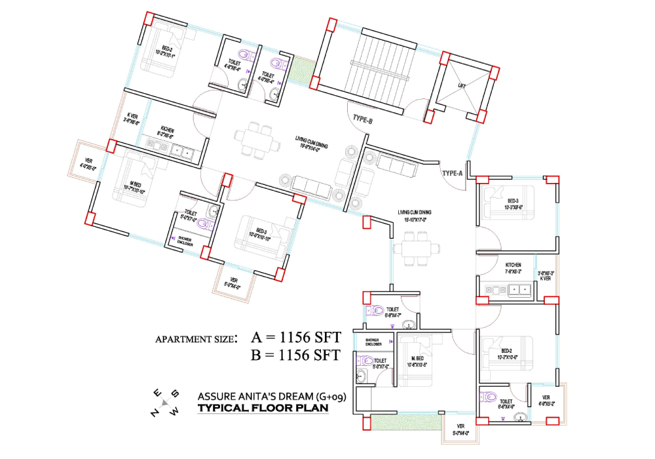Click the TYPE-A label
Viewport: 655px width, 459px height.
click(453, 173)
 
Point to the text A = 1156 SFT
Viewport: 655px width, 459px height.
click(295, 338)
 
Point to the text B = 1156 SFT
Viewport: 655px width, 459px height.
click(295, 356)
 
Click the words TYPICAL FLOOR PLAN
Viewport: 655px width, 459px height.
click(263, 409)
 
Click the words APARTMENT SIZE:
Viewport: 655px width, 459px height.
click(196, 340)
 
